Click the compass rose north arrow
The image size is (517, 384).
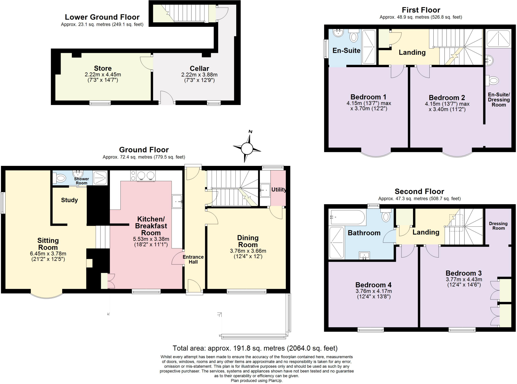point(250,137)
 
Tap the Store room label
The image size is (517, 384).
point(103,68)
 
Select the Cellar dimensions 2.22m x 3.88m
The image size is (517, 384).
point(199,75)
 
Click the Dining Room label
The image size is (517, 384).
point(248,241)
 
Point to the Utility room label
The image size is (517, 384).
point(279,190)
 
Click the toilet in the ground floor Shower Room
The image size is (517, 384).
point(60,178)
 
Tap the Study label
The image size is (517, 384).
point(69,200)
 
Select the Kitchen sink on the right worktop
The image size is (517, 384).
point(177,201)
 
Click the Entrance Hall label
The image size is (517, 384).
point(193,259)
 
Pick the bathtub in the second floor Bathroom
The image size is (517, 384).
point(347,217)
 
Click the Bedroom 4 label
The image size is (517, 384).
point(373,285)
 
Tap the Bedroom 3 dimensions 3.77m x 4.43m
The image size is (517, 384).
point(464,279)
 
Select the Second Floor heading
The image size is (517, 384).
point(419,191)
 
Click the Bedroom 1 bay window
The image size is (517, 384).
point(376,154)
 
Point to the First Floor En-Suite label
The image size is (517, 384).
point(346,51)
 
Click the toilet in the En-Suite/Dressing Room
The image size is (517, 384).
point(493,81)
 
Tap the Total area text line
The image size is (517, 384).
point(255,348)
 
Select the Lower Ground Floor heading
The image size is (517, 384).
point(102,17)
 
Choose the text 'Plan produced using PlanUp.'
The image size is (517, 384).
point(256,381)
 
